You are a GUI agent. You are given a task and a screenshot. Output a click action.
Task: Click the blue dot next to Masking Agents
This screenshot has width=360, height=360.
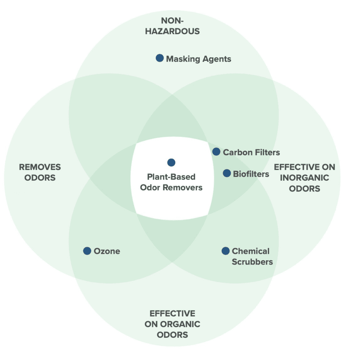coord(160,58)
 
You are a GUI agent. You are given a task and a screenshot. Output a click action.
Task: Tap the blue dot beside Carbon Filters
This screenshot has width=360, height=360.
coord(216,152)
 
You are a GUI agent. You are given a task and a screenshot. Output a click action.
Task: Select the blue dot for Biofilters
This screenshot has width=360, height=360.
coord(227,173)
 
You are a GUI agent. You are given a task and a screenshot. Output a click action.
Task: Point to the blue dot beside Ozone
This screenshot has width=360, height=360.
coord(87,251)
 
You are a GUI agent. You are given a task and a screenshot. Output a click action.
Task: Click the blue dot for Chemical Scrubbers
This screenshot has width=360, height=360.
coord(226,251)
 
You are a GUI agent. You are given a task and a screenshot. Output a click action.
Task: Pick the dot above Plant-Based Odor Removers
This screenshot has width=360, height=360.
coord(171,162)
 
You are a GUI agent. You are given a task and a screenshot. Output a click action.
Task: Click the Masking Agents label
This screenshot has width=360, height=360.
coord(198,59)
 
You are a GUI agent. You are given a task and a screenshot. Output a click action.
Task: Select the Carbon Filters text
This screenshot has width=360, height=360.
coord(251,152)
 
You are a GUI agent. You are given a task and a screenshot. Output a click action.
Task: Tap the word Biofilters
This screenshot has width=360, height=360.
coord(251,174)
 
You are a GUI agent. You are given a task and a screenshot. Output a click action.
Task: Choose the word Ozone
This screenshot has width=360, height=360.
coord(107,251)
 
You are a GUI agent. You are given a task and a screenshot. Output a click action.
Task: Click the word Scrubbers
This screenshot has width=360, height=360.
coord(252,262)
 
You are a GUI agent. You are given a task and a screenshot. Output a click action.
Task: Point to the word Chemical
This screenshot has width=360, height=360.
coord(251,251)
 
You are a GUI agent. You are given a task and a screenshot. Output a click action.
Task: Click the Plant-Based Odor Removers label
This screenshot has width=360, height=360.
coord(171,182)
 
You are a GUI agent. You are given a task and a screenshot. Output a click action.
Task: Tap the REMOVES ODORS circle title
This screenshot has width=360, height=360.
coord(40,172)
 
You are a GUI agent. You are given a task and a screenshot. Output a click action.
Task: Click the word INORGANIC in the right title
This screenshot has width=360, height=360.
coord(305,178)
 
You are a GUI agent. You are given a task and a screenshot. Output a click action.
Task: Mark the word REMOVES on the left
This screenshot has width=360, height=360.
coord(40,167)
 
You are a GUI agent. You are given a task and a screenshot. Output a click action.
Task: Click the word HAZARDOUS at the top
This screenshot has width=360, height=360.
coord(172,31)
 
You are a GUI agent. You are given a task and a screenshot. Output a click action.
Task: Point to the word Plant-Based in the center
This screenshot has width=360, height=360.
coord(171,177)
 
